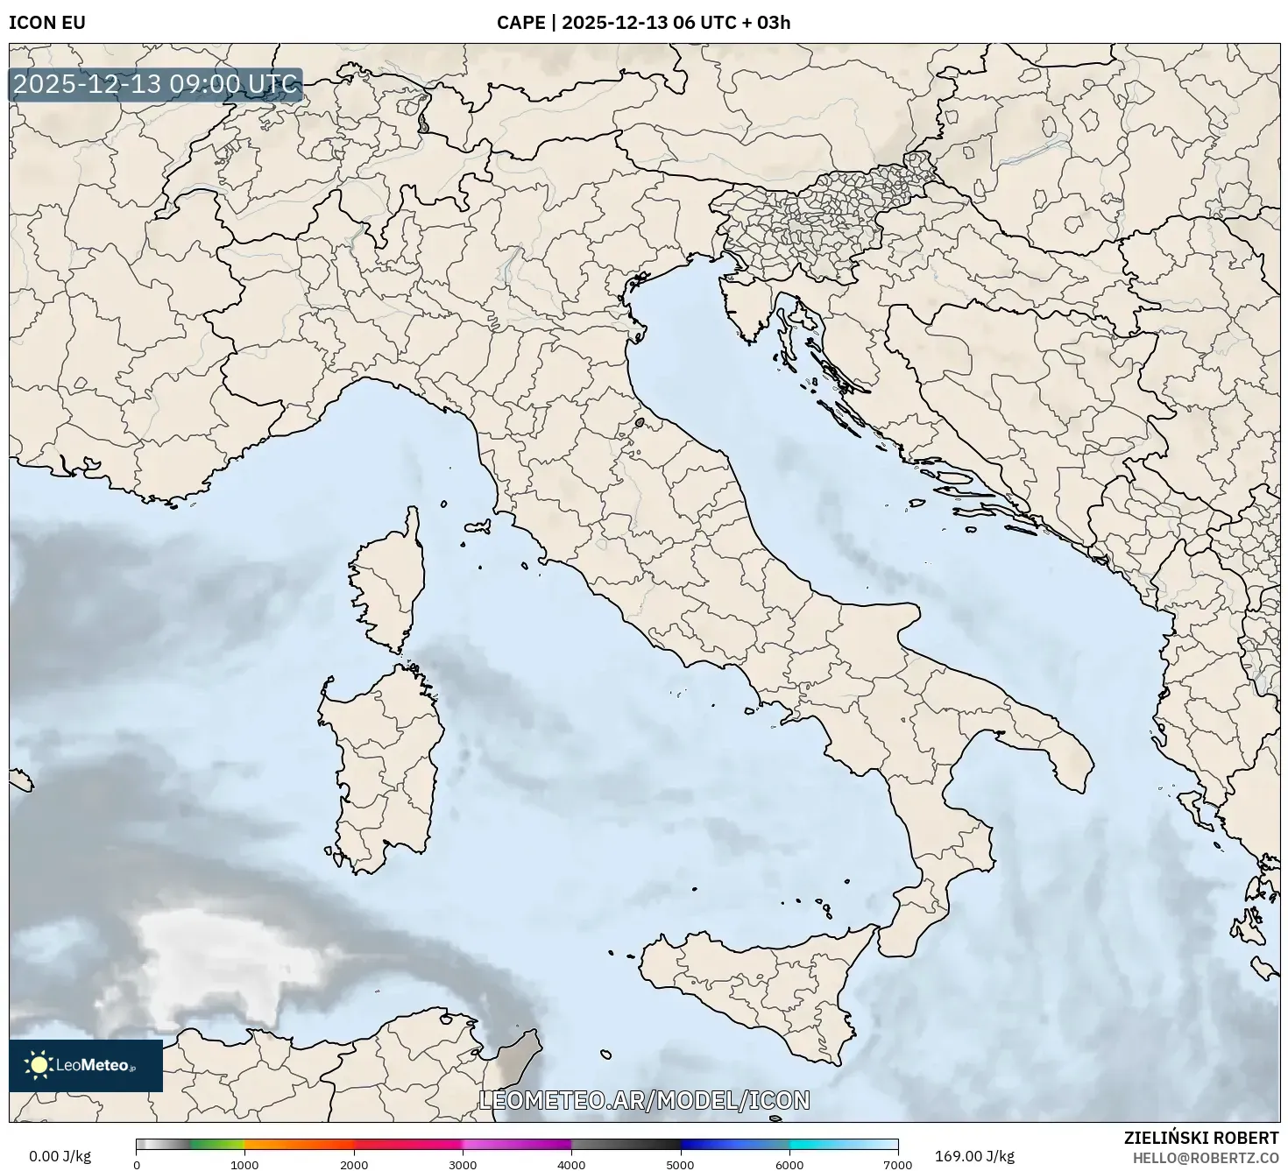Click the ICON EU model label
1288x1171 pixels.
[47, 23]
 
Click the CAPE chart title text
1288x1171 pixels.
[643, 23]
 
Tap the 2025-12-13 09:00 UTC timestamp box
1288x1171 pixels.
[156, 85]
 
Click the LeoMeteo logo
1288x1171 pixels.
[86, 1065]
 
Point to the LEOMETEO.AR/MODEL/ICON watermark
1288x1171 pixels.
[644, 1100]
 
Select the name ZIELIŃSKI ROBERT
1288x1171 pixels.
[1201, 1138]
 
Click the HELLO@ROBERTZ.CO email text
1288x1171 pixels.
[1205, 1157]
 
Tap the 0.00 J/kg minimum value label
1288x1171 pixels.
[60, 1156]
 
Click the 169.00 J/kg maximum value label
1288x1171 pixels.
[974, 1156]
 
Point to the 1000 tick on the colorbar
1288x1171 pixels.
[244, 1164]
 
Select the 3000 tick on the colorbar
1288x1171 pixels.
[463, 1164]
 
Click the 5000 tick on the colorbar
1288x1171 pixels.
[681, 1164]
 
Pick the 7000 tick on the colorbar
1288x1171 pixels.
[898, 1164]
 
